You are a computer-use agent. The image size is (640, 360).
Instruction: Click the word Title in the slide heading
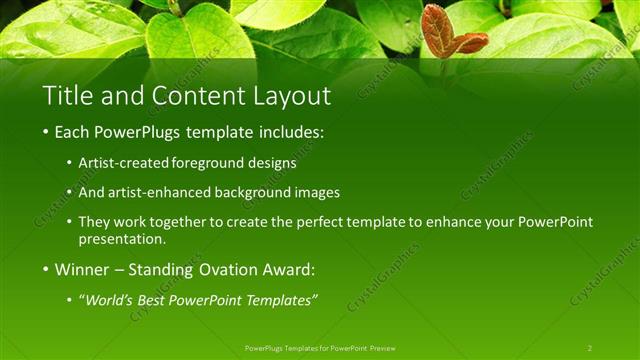pos(65,97)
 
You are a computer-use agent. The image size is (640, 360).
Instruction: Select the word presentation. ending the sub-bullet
pos(122,239)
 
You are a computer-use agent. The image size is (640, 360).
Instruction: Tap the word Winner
pos(83,269)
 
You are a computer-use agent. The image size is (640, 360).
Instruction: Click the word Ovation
pos(219,269)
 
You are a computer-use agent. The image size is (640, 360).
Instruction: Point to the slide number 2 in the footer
pos(590,347)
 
